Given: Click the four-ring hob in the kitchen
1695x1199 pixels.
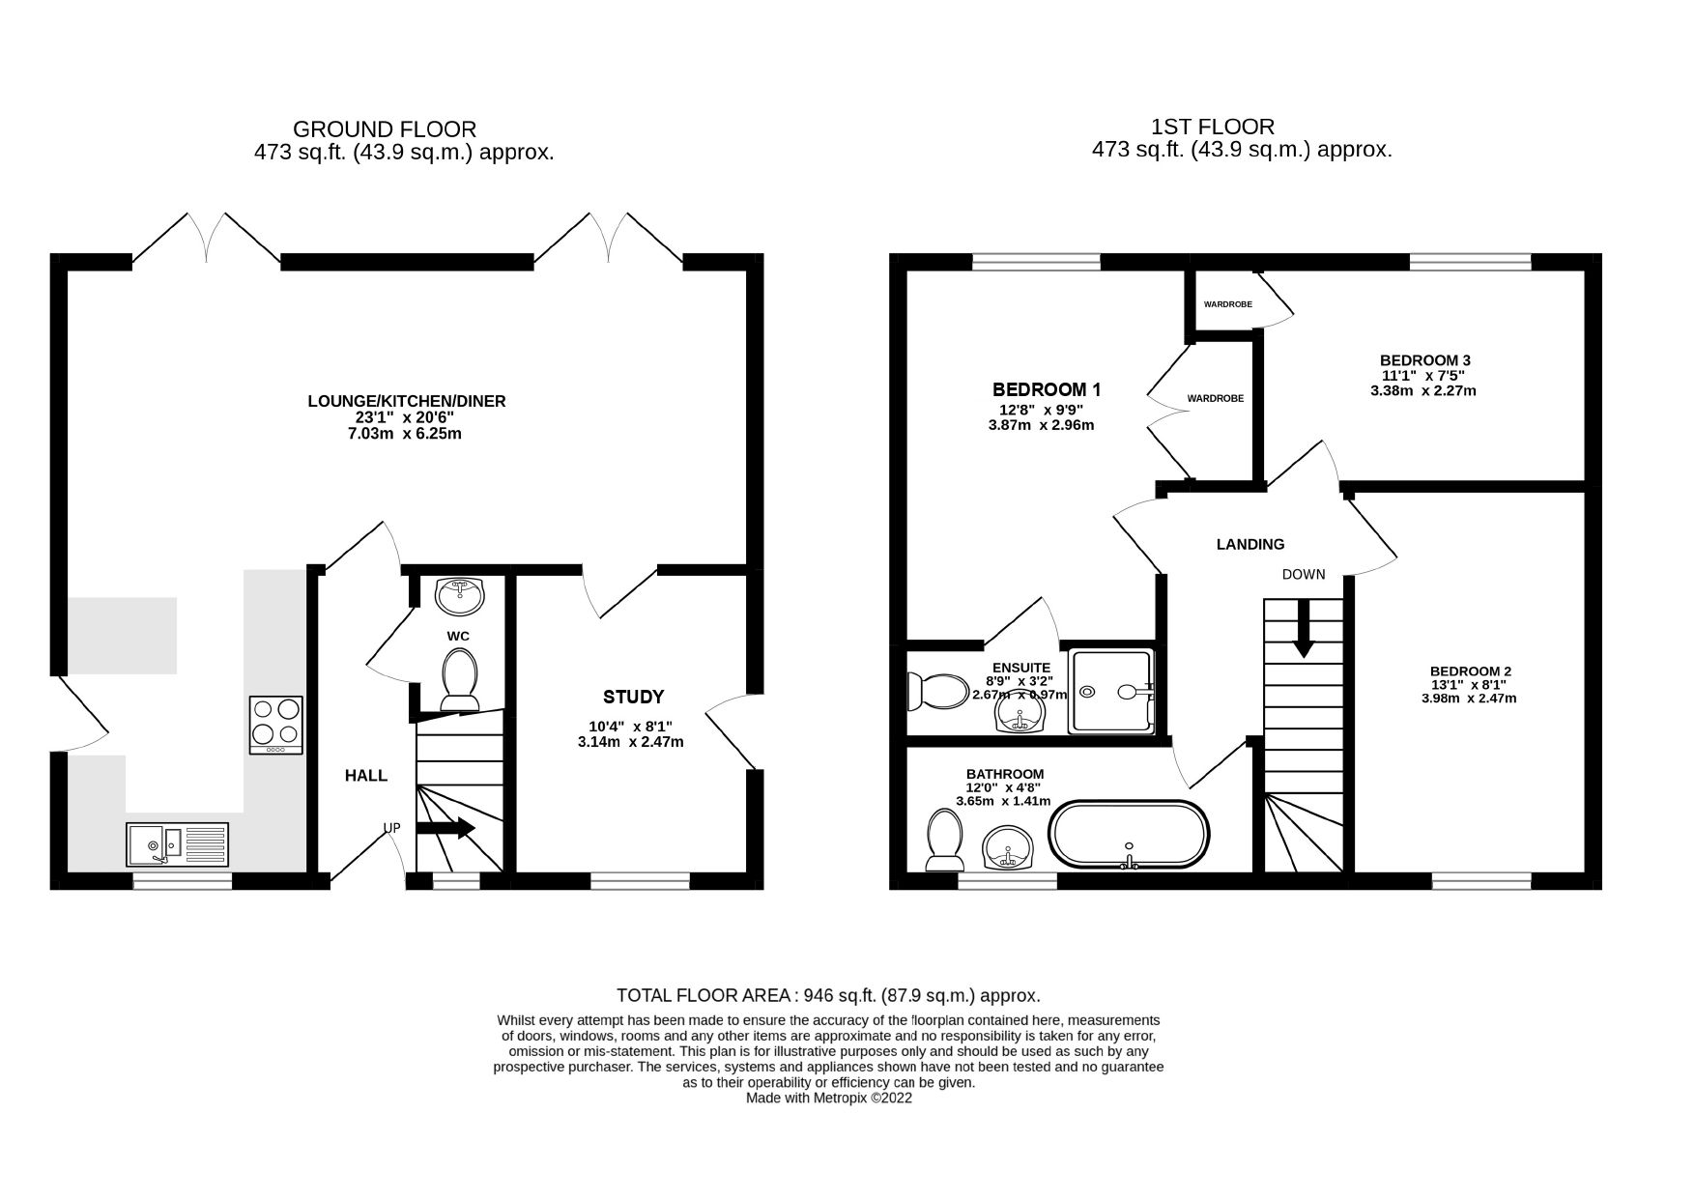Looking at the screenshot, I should tap(276, 725).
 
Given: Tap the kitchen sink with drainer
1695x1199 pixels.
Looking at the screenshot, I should tap(177, 844).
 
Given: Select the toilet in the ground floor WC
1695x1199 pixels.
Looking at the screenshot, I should tap(460, 678).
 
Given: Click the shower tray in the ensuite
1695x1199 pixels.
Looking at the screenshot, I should tap(1112, 692).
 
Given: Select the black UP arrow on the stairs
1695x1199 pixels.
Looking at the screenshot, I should tap(445, 828).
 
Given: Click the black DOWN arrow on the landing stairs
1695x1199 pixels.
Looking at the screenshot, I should tap(1303, 629).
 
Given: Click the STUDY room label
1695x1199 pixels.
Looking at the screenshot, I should tap(633, 697).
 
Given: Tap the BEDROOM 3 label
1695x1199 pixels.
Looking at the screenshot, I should tap(1424, 360).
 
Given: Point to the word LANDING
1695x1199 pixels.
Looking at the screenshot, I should tap(1250, 545).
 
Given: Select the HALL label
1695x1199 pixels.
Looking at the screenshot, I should tap(366, 776).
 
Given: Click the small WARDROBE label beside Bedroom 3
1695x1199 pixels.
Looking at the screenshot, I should tap(1227, 304).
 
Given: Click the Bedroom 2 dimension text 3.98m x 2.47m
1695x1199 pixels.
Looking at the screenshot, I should tap(1469, 698).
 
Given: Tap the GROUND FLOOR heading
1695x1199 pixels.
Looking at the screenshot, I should tap(384, 128).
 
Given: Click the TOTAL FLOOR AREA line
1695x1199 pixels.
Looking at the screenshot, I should tap(827, 995).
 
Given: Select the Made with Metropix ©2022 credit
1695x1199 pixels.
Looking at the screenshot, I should tap(828, 1099).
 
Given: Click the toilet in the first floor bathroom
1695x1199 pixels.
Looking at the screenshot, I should tap(943, 839).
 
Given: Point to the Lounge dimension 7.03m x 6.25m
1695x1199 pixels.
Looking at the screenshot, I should tap(406, 434).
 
